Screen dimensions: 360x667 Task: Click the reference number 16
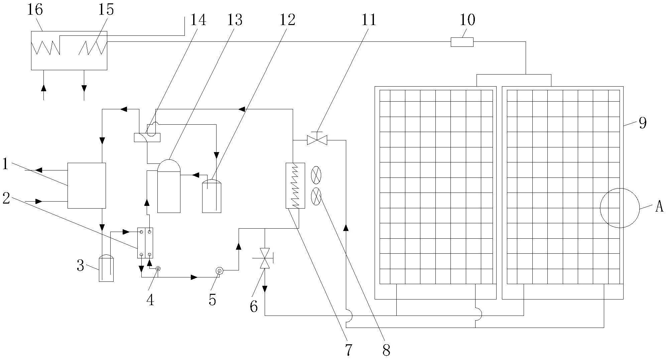coord(35,10)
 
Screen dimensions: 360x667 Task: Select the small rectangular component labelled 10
coord(462,42)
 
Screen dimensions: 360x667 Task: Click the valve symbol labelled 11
coord(317,139)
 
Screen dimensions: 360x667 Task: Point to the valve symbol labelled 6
coord(265,258)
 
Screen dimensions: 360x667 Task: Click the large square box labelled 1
coord(87,186)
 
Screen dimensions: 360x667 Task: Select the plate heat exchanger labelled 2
coord(145,243)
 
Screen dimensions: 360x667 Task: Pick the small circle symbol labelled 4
coord(158,268)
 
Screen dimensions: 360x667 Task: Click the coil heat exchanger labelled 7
coord(295,186)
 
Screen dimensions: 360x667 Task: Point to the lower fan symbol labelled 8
coord(316,197)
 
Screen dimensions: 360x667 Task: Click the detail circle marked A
coord(620,208)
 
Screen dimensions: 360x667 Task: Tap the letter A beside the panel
coord(659,207)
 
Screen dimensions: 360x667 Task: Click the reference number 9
coord(643,123)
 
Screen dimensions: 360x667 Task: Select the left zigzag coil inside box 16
coord(45,47)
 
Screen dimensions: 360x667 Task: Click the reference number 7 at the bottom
coord(349,350)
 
